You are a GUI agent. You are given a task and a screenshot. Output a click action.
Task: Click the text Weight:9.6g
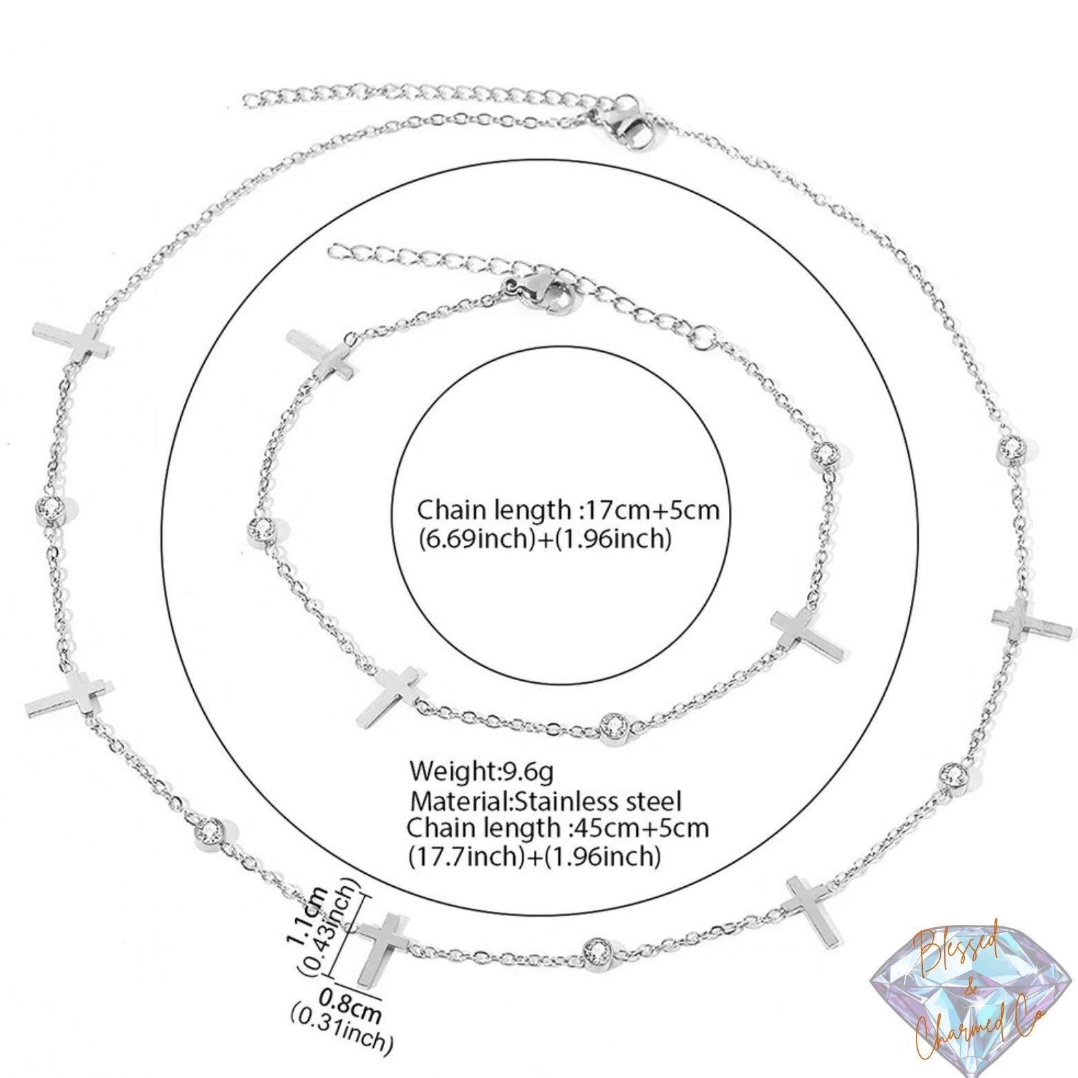point(481,771)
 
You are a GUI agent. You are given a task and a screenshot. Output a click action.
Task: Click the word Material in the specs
point(459,801)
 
